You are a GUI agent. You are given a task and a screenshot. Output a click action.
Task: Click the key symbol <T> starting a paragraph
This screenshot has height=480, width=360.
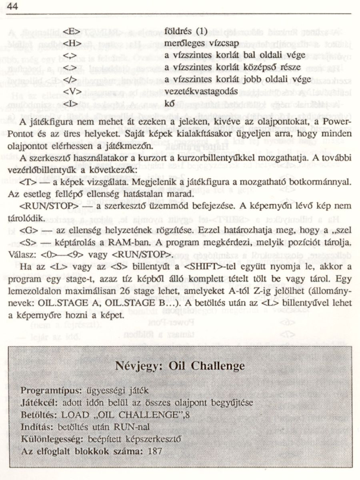28,182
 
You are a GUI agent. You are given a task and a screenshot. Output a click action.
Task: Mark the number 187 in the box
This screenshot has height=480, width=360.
154,451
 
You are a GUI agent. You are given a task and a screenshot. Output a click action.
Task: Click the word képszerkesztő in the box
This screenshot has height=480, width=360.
157,438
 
